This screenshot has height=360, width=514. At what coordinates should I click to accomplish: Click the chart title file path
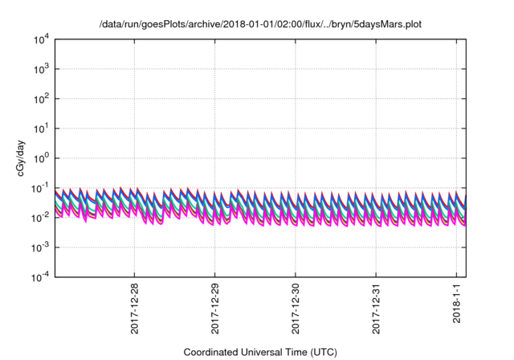[x=259, y=25]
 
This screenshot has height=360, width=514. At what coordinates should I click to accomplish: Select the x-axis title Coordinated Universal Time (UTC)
[x=259, y=352]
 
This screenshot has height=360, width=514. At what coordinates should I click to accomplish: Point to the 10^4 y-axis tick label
[x=42, y=39]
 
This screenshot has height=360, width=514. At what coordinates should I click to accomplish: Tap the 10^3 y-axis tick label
[x=42, y=69]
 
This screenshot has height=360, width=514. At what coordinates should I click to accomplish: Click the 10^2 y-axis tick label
[x=42, y=99]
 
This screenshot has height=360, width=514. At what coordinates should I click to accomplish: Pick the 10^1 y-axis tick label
[x=42, y=128]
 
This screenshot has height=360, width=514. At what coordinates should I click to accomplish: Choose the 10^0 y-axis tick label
[x=42, y=157]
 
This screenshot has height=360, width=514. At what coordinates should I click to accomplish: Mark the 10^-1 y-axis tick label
[x=41, y=187]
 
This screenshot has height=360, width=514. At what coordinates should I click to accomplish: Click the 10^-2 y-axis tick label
[x=41, y=217]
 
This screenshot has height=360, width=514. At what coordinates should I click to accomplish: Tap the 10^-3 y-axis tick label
[x=41, y=247]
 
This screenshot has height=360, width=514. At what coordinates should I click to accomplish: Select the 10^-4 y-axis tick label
[x=41, y=276]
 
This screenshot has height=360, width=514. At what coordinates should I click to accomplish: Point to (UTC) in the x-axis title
[x=320, y=352]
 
